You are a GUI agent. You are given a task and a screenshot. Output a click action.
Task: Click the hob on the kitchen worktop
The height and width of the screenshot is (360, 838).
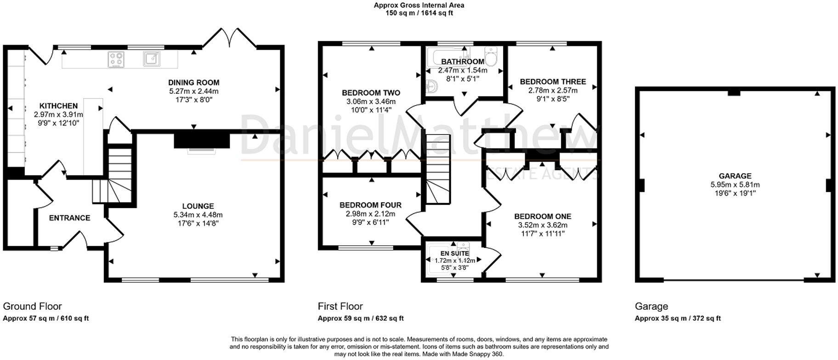click(116, 59)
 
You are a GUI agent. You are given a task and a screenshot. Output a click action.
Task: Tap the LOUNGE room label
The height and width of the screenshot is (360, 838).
click(198, 206)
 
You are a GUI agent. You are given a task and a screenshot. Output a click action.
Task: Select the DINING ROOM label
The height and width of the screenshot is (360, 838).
click(193, 83)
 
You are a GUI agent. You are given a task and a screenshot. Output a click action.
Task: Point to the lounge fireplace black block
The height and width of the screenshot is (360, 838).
click(202, 139)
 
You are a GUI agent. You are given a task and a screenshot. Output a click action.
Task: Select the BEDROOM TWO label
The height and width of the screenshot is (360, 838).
click(371, 93)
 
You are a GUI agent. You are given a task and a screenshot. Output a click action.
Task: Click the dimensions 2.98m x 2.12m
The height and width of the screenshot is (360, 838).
click(370, 214)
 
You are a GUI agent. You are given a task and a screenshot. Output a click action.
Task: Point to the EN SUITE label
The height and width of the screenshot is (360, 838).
click(454, 253)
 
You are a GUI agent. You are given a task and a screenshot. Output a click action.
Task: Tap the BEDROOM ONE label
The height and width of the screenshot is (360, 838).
click(543, 216)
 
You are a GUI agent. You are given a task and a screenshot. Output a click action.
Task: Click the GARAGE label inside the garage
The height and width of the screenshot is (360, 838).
click(735, 176)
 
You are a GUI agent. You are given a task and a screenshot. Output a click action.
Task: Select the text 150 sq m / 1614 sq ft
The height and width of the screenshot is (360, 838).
click(419, 13)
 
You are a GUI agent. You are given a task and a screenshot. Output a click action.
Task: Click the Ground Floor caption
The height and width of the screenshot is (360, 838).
click(32, 306)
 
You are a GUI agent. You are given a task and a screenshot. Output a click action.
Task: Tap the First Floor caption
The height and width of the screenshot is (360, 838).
click(340, 306)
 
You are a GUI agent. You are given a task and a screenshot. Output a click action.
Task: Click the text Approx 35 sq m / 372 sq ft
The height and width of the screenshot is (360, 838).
click(678, 318)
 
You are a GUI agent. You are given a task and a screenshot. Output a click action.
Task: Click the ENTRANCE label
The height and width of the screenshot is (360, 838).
click(69, 218)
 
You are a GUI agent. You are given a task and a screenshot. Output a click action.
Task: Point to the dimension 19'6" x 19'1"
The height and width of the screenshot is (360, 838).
click(735, 193)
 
